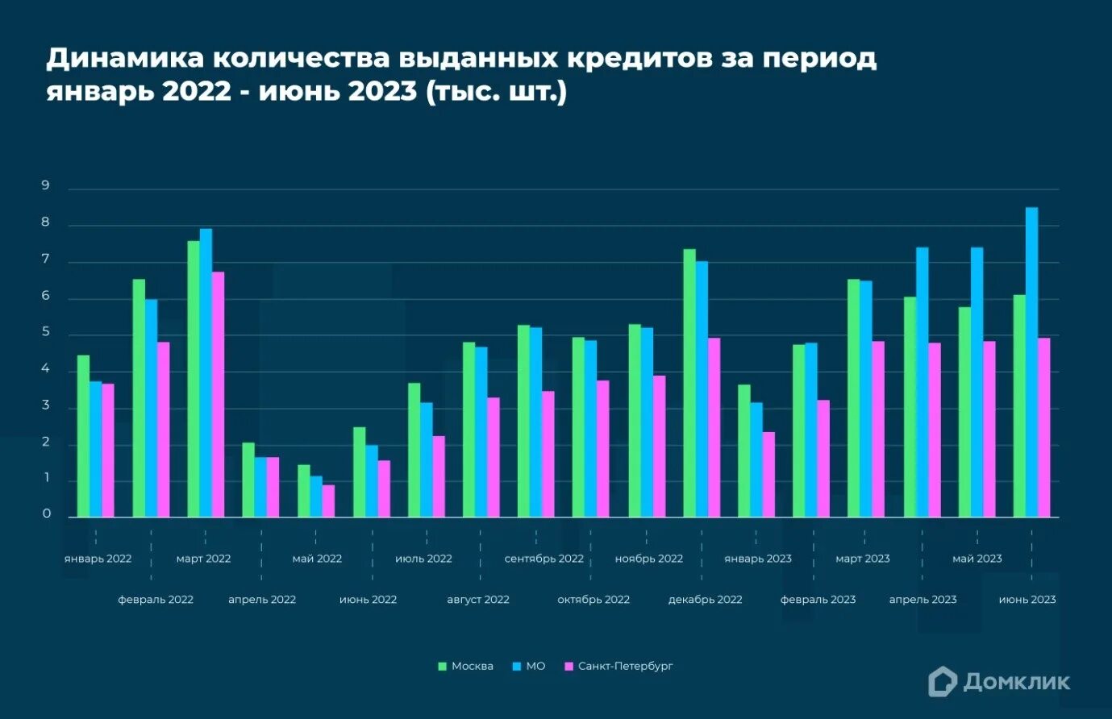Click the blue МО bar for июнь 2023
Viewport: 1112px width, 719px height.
[1031, 362]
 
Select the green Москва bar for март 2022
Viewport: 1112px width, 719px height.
[194, 379]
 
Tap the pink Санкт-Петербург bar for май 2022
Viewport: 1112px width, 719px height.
[328, 501]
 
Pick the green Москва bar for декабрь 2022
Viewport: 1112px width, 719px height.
[689, 383]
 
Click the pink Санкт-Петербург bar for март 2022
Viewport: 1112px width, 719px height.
[218, 394]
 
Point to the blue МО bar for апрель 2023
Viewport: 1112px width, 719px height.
[922, 382]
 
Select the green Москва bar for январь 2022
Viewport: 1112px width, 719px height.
[83, 436]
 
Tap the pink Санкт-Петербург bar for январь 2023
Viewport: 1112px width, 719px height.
[768, 474]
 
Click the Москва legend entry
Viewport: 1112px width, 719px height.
[465, 666]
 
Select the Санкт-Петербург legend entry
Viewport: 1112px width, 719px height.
[618, 666]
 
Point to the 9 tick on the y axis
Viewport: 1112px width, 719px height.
[46, 186]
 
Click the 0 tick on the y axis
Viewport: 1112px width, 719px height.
[46, 513]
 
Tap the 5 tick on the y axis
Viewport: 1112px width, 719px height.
[46, 332]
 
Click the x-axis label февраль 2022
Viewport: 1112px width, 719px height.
[156, 600]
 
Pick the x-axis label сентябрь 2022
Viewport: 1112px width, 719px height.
[544, 559]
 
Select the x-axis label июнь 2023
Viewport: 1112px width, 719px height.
[1027, 600]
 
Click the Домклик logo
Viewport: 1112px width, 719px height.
[999, 682]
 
